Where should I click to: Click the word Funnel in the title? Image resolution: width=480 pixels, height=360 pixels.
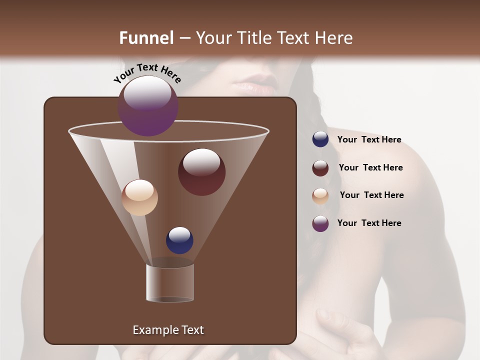coord(146,38)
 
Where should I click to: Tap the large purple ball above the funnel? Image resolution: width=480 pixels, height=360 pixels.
coord(148,106)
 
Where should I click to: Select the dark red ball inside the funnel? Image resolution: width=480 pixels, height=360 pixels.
coord(201,172)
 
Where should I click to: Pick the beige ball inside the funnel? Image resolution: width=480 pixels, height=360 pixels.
coord(139,197)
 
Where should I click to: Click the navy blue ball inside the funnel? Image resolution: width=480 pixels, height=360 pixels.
coord(180,240)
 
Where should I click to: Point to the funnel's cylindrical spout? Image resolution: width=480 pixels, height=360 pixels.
coord(170,282)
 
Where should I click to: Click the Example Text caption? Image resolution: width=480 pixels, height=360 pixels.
coord(168,330)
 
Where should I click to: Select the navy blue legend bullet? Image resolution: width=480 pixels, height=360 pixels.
coord(320,139)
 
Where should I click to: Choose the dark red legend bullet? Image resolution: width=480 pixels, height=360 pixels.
coord(320,168)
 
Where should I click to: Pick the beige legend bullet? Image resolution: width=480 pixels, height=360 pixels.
coord(320,195)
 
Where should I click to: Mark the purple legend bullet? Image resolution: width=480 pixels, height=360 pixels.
coord(320,223)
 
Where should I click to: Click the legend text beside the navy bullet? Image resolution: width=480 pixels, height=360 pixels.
coord(369,139)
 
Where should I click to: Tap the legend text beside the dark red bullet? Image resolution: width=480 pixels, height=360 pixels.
coord(370,167)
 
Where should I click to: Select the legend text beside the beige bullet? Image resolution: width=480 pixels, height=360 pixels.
coord(371,195)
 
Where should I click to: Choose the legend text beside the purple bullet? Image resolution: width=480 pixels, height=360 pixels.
coord(369,223)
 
